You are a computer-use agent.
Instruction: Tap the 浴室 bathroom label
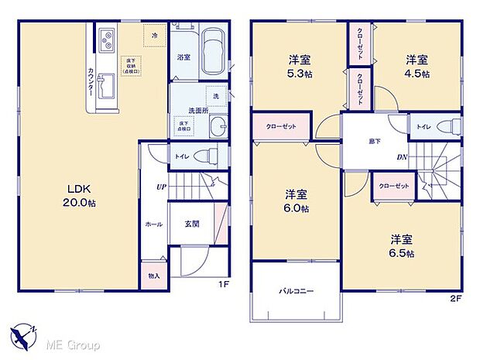(183, 57)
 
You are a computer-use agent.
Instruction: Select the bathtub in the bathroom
(211, 53)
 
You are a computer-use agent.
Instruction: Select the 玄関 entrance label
(192, 223)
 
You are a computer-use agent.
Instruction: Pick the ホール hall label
(153, 224)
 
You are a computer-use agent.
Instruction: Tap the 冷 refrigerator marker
(155, 36)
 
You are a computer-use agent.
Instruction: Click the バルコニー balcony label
(296, 291)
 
